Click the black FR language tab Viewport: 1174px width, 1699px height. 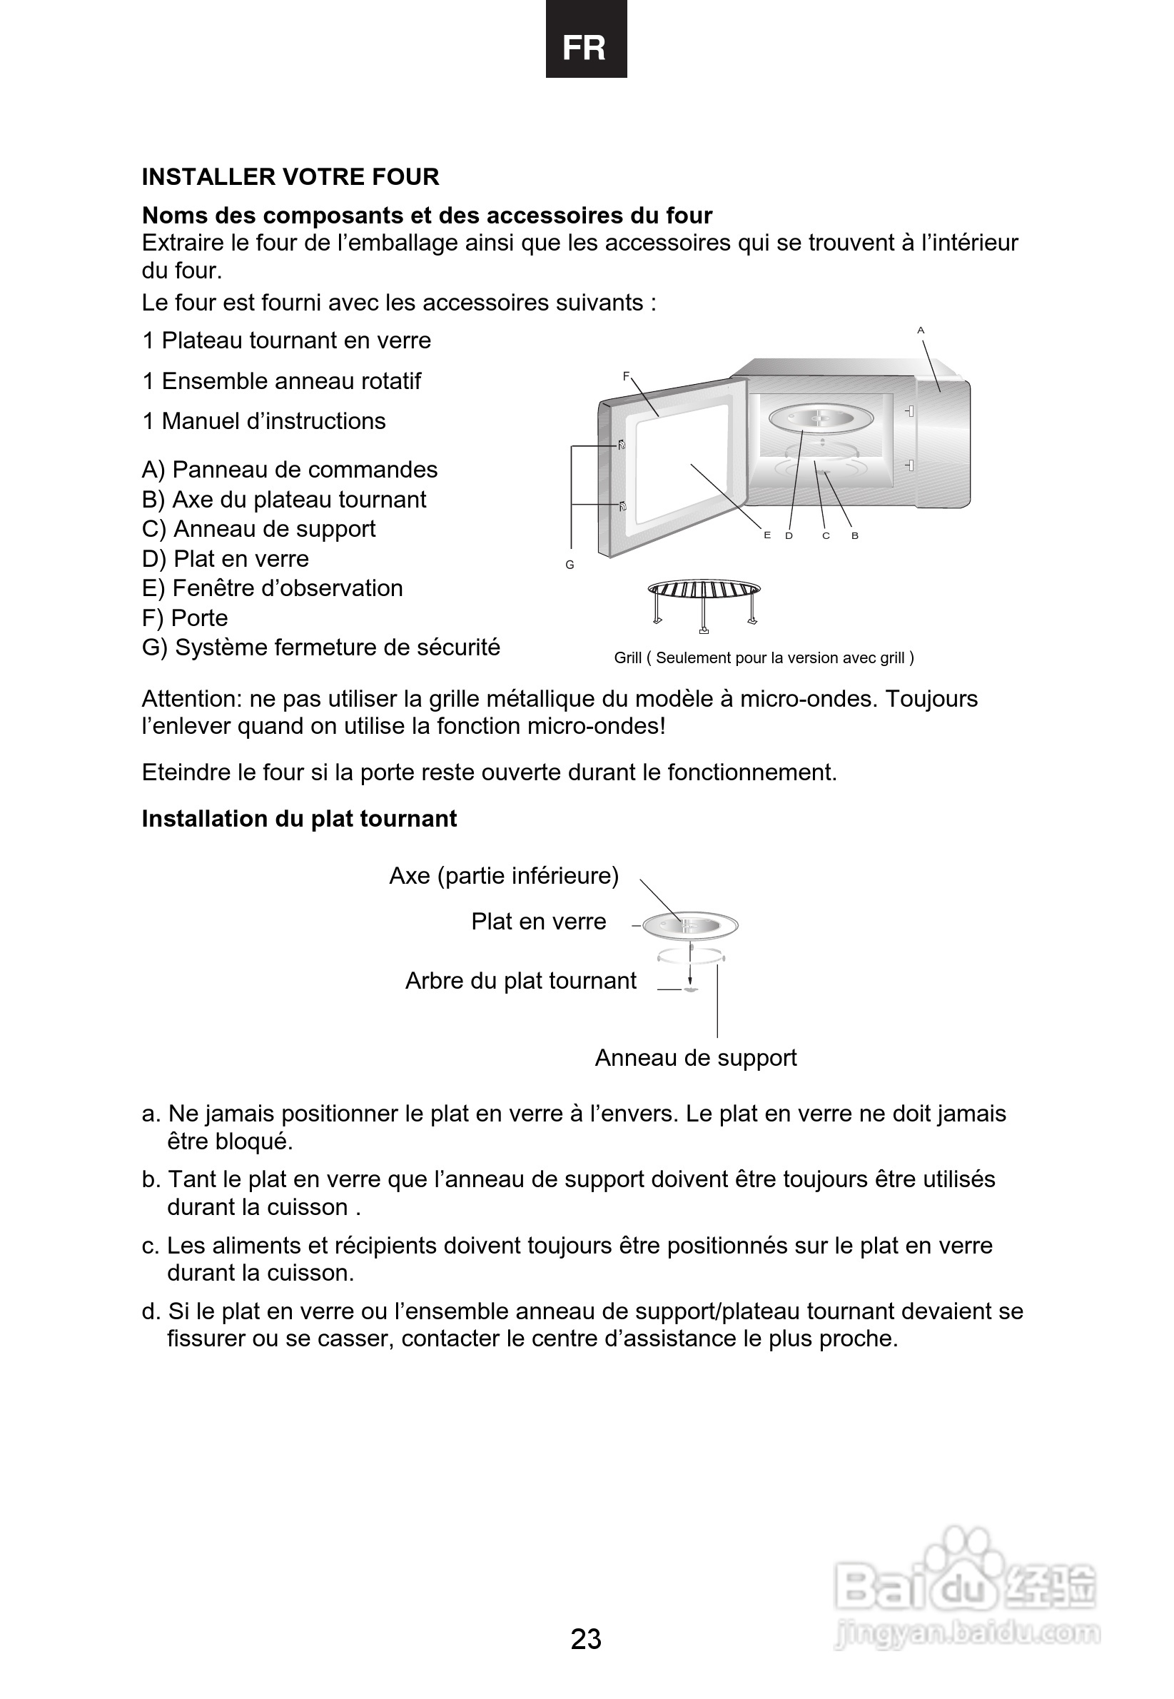tap(585, 40)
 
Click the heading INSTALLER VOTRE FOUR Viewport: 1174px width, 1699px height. tap(290, 176)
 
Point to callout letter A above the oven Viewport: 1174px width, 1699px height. tap(920, 331)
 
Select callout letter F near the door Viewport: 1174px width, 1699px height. tap(626, 376)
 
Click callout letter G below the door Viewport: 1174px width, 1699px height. tap(570, 565)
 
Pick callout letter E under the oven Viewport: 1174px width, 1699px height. tap(767, 535)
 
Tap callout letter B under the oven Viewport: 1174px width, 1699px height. tap(855, 535)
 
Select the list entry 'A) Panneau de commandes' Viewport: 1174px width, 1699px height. tap(289, 470)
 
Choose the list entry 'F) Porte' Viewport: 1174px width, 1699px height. tap(185, 617)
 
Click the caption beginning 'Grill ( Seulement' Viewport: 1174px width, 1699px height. tap(764, 657)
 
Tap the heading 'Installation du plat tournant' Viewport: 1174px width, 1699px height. tap(298, 818)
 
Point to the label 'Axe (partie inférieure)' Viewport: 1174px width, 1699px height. tap(504, 876)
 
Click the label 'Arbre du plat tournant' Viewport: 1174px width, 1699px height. tap(521, 981)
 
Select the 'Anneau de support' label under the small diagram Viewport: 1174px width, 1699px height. tap(695, 1057)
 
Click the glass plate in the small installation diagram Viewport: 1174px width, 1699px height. tap(690, 925)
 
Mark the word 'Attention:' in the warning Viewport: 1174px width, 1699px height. tap(192, 698)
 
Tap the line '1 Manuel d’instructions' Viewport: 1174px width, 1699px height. tap(263, 421)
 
